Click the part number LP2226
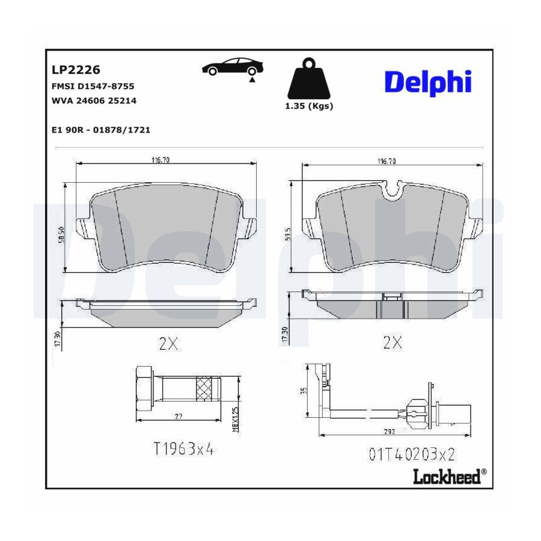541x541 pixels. point(76,70)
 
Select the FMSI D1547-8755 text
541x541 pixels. point(93,86)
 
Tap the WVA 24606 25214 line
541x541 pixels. point(94,101)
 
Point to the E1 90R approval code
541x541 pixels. point(101,130)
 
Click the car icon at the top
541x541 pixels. point(233,67)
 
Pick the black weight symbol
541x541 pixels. point(309,79)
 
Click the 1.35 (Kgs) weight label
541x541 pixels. point(309,106)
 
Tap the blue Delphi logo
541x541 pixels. point(428,82)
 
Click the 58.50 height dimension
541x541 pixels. point(62,236)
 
